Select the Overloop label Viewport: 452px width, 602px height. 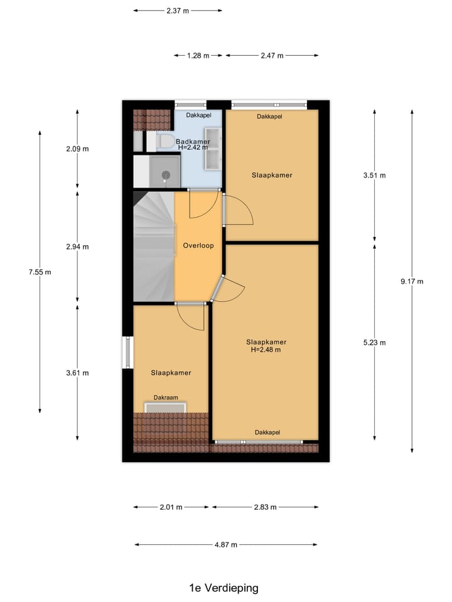point(198,246)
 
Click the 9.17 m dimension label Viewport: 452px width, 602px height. point(412,282)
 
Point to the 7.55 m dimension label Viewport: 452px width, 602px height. point(40,272)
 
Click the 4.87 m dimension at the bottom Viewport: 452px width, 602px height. point(226,545)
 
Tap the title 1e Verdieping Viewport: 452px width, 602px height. point(223,588)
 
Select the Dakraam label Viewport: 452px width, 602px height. point(166,398)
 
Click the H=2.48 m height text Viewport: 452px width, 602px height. point(266,350)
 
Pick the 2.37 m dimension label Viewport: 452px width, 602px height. point(178,11)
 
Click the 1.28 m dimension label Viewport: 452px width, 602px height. point(198,56)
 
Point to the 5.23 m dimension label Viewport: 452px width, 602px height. point(374,342)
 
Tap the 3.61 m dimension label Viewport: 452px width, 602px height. point(77,373)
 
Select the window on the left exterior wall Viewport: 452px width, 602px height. point(127,353)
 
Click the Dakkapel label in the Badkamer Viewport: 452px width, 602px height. point(198,115)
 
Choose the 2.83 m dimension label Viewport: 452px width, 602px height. point(265,507)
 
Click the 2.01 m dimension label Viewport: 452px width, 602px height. point(171,507)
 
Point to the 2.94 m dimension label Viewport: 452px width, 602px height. point(77,246)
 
